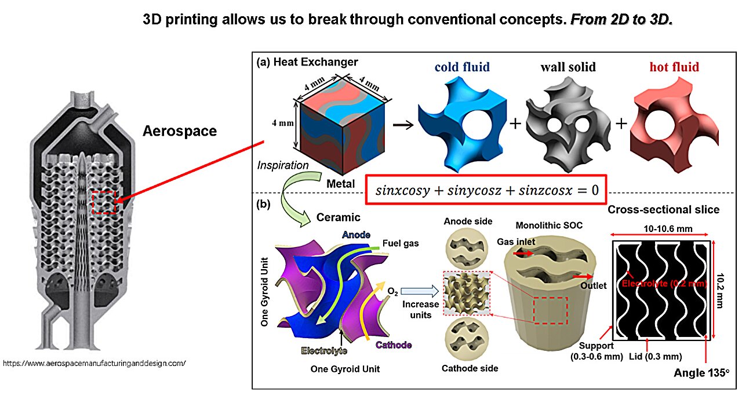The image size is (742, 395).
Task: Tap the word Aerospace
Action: (x=180, y=131)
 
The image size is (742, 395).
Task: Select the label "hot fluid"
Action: (x=674, y=67)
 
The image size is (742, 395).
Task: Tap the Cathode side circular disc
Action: (x=468, y=338)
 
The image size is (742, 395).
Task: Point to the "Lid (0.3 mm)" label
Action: (x=656, y=356)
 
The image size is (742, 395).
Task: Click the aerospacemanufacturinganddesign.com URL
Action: (x=94, y=364)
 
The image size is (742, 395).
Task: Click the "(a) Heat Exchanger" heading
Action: (x=307, y=62)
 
